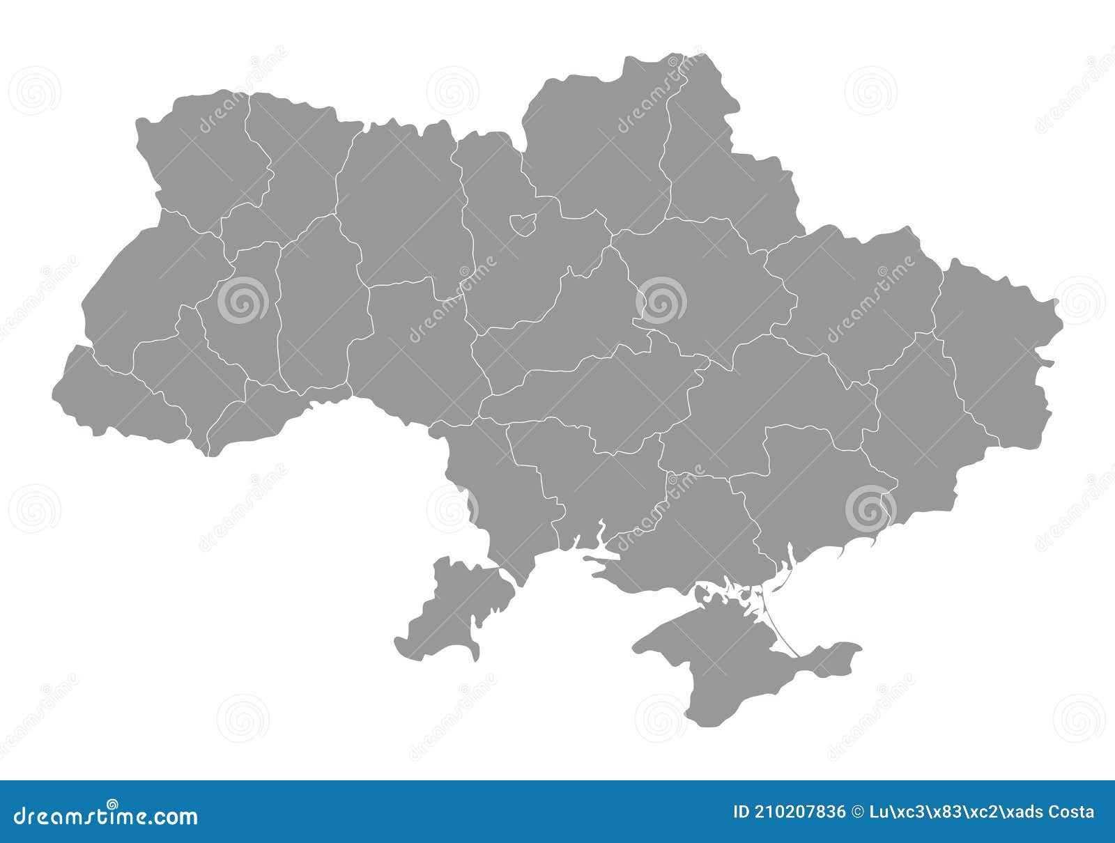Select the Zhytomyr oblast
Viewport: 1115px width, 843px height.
[x=397, y=202]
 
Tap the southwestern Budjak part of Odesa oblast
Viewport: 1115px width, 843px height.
[x=453, y=606]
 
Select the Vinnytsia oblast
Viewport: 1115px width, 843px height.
[x=411, y=348]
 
